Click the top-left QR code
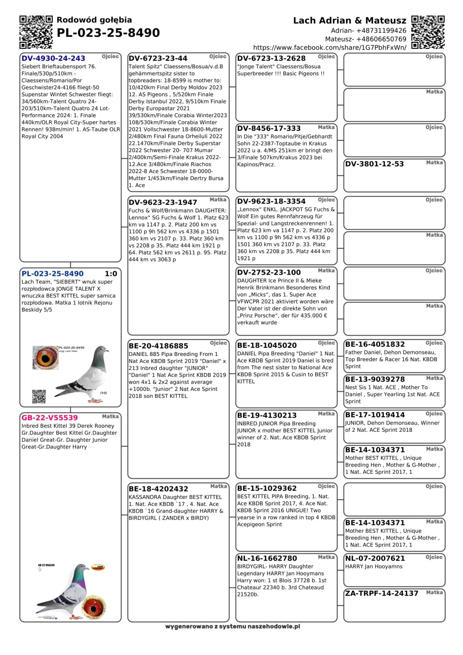pos(36,32)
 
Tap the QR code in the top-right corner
pos(428,32)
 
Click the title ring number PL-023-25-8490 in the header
pos(108,33)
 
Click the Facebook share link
pos(330,47)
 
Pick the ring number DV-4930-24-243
pos(53,58)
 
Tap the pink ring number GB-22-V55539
pos(49,418)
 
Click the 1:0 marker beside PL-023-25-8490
pos(111,274)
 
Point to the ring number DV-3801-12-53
pos(374,164)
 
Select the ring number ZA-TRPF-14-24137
pos(382,593)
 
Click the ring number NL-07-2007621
pos(375,558)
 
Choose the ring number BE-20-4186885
pos(159,346)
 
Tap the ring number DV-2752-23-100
pos(269,272)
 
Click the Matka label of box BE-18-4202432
pos(218,486)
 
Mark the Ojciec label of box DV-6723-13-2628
pos(326,56)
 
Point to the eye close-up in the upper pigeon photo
pos(46,357)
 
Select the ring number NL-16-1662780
pos(267,558)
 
